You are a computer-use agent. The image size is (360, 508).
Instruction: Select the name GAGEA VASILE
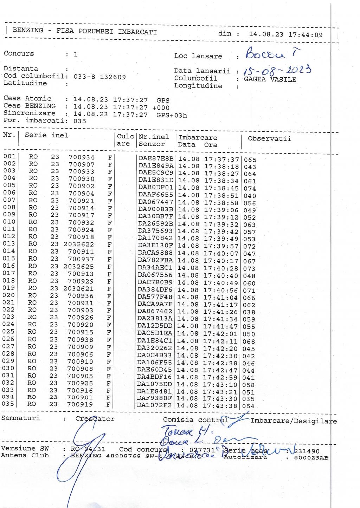pos(270,79)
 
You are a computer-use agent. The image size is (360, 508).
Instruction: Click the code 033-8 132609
pos(100,77)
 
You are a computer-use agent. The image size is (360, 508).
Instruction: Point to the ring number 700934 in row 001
pos(82,157)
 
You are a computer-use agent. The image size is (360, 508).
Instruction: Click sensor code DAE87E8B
pos(156,159)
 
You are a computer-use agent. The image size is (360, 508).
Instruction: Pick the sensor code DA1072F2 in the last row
pos(154,405)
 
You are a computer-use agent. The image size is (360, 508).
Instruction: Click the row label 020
pos(8,295)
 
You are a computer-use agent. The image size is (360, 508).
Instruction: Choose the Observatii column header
pos(269,138)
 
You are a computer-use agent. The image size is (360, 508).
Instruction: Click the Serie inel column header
pos(46,135)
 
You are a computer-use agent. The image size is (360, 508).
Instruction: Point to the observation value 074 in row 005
pos(250,189)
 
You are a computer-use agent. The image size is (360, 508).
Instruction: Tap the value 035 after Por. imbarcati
pos(80,121)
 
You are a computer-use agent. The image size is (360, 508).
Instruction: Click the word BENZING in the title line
pos(28,30)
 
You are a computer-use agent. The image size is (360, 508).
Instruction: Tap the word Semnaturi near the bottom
pos(20,418)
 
